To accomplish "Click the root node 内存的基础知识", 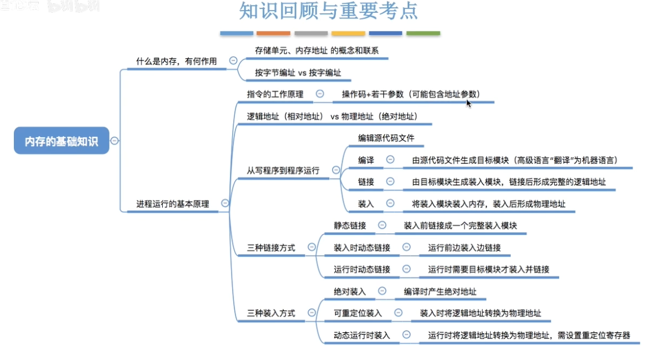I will tap(61, 141).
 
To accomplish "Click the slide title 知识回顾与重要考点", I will tap(329, 12).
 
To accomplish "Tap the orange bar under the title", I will tap(274, 33).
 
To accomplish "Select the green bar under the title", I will tap(423, 33).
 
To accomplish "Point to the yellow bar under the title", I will tap(348, 33).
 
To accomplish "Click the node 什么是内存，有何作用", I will tap(176, 61).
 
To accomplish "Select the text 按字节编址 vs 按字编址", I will tap(298, 73).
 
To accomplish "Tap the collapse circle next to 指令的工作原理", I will tap(320, 94).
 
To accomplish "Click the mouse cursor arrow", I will tap(468, 102).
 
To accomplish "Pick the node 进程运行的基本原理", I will tap(173, 204).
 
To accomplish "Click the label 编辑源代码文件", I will tap(386, 138).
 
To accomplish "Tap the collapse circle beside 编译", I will tap(390, 160).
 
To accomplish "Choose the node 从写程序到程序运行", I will tap(283, 171).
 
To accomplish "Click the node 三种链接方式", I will tap(271, 247).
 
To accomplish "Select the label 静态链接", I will tap(350, 225).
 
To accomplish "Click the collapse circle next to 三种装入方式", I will tap(312, 313).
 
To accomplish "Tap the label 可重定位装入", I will tap(358, 313).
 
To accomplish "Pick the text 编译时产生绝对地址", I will tap(440, 291).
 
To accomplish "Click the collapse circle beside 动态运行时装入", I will tap(406, 335).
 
